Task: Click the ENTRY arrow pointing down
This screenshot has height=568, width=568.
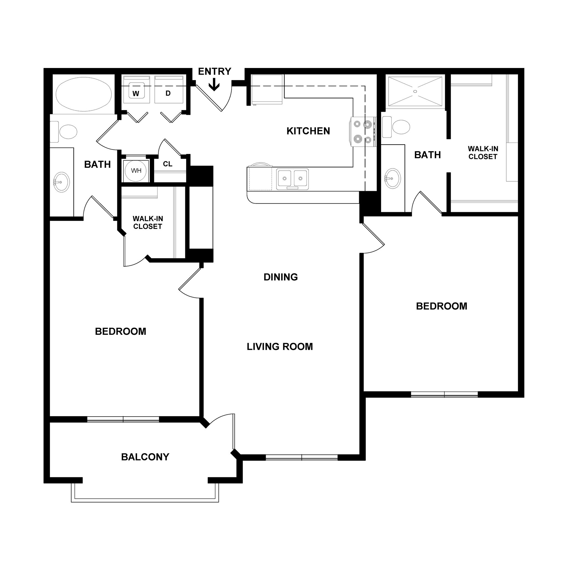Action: click(214, 85)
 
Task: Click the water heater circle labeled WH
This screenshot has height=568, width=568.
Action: click(136, 171)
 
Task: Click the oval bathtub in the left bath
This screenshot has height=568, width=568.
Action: click(84, 94)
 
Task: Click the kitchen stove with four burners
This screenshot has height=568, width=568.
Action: click(362, 131)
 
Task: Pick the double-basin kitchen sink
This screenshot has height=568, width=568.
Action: click(292, 179)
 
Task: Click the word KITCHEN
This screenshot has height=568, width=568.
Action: click(308, 131)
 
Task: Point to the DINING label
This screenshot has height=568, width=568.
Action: click(280, 277)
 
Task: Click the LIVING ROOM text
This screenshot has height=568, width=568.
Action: click(280, 347)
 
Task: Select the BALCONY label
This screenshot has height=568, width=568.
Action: click(145, 457)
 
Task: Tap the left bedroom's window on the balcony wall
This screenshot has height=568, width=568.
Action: click(123, 419)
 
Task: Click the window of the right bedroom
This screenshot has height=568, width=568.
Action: click(444, 394)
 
